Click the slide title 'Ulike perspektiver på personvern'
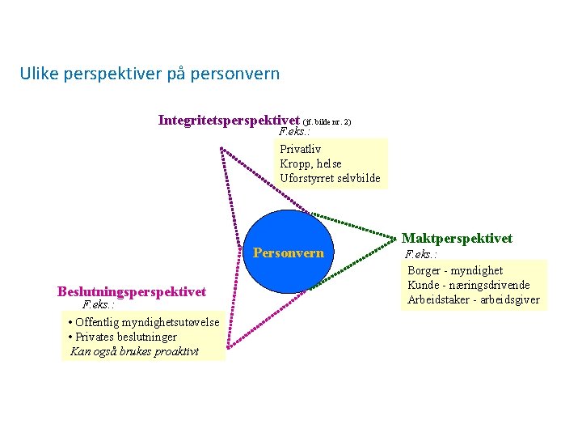point(150,74)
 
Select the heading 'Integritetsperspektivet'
point(230,121)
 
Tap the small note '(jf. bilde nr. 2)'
point(327,122)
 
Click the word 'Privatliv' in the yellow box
point(300,149)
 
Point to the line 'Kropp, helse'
point(310,163)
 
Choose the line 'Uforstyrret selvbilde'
point(330,178)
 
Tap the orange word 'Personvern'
point(289,252)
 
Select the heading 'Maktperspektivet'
point(457,238)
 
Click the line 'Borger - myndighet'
point(455,270)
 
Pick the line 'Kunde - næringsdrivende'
point(469,285)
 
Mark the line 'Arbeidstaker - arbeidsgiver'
point(474,300)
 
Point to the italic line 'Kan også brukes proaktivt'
point(134,351)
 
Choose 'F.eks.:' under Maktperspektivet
point(421,253)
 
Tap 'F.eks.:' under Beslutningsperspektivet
point(99,306)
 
